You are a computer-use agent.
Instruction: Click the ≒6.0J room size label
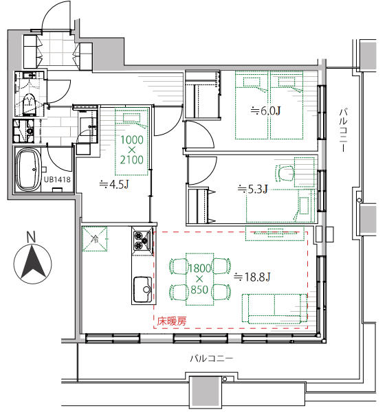pos(265,111)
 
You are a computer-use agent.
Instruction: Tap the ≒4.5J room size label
pos(114,185)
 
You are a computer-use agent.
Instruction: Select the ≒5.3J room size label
pos(252,189)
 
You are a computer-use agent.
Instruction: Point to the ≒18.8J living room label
pos(252,277)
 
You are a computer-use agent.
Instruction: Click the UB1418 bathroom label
pos(57,179)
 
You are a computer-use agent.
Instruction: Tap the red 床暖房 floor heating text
pos(172,321)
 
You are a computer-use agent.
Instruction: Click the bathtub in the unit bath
pos(29,170)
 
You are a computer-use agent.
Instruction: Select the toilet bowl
pos(29,104)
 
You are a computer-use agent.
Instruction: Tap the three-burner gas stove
pos(142,241)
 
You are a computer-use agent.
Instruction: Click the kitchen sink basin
pos(142,289)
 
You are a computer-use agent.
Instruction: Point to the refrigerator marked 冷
pos(95,239)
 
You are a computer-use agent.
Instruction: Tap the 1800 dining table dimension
pos(200,268)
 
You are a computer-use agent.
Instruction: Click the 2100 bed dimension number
pos(132,159)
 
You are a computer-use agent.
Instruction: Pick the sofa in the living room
pos(274,308)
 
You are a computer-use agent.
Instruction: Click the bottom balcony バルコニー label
pos(212,358)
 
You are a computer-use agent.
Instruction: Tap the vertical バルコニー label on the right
pos(343,130)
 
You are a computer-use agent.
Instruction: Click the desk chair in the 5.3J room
pos(285,174)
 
